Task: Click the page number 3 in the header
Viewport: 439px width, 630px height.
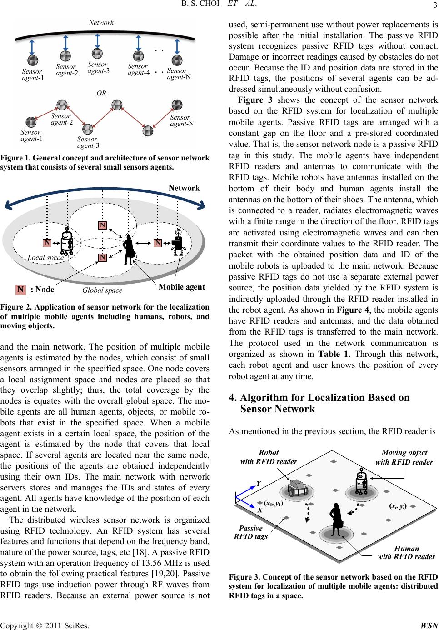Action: tap(435, 5)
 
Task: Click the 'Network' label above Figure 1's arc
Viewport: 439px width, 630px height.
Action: tap(101, 22)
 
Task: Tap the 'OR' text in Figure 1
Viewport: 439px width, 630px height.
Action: tap(101, 93)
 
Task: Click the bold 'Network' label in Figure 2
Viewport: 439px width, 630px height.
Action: tap(184, 188)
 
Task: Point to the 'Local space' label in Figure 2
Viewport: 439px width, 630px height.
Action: tap(46, 257)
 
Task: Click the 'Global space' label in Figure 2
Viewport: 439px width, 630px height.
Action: tap(102, 290)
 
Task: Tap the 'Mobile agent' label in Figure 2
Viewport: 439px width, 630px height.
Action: tap(182, 287)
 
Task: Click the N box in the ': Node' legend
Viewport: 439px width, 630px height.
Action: tap(20, 290)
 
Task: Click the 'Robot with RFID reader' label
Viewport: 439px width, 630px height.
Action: tap(268, 457)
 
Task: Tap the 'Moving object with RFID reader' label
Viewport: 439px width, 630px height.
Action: tap(404, 457)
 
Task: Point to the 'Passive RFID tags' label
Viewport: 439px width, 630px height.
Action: tap(251, 532)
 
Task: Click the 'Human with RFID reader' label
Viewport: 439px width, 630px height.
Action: tap(406, 552)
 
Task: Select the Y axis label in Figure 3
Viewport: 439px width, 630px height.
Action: tap(259, 484)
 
